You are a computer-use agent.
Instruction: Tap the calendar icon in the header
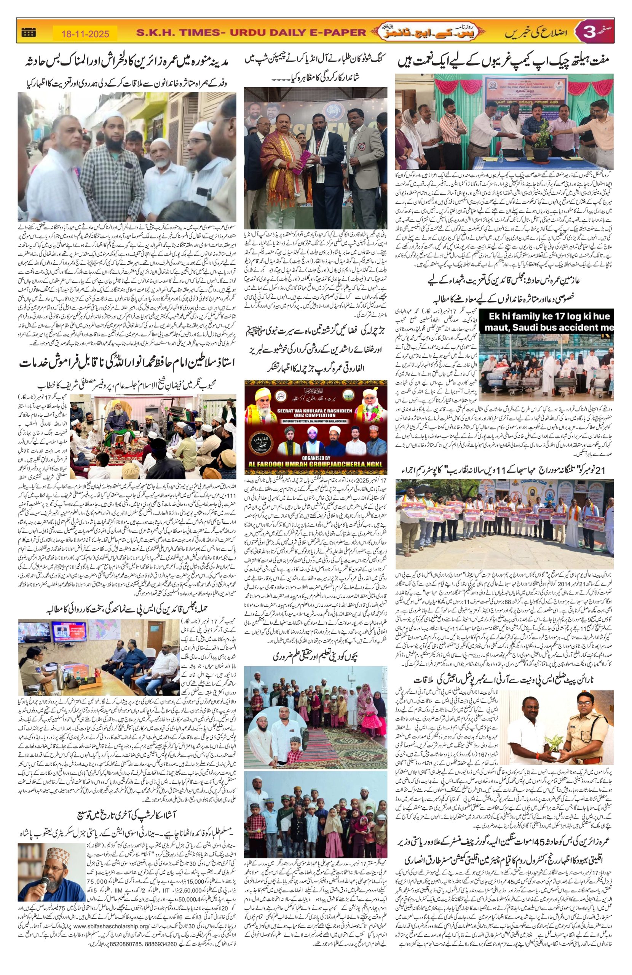(x=28, y=33)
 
